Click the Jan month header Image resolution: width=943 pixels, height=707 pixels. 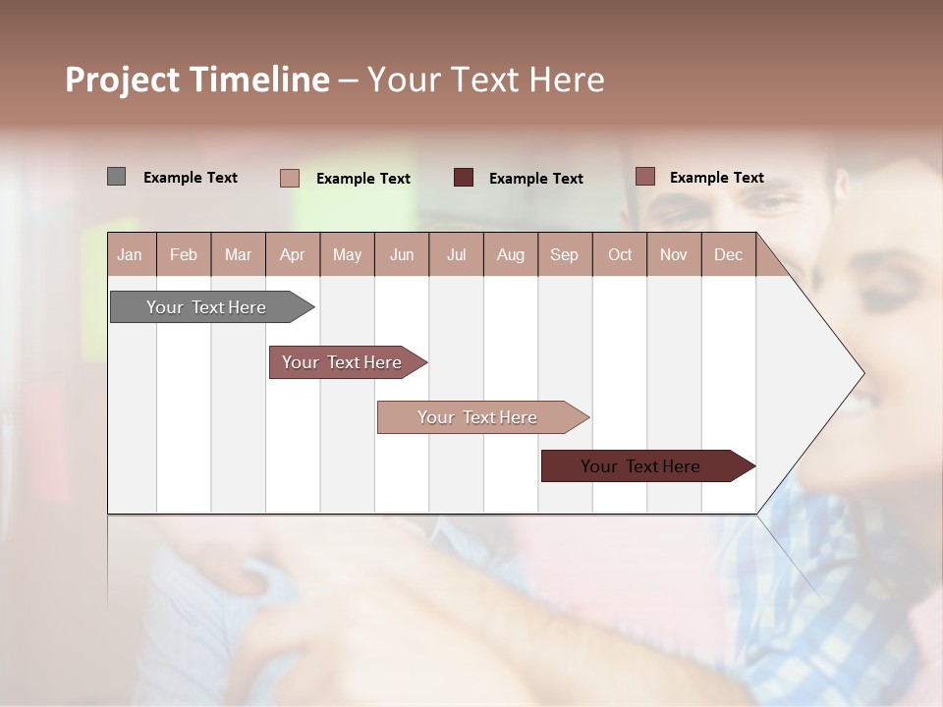pyautogui.click(x=130, y=254)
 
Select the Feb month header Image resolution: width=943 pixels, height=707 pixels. pyautogui.click(x=184, y=254)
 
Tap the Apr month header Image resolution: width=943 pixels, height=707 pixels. pyautogui.click(x=292, y=254)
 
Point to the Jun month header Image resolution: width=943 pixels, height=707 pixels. pyautogui.click(x=402, y=254)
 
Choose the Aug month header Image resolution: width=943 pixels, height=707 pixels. pyautogui.click(x=510, y=254)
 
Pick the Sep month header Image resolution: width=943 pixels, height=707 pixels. pyautogui.click(x=564, y=254)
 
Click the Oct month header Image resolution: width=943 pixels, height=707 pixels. pyautogui.click(x=620, y=254)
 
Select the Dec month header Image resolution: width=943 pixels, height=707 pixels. pyautogui.click(x=728, y=254)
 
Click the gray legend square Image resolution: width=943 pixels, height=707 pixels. pyautogui.click(x=116, y=177)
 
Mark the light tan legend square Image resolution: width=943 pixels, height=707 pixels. pyautogui.click(x=289, y=178)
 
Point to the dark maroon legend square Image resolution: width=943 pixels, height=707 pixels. pyautogui.click(x=464, y=178)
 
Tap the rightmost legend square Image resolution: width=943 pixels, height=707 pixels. pyautogui.click(x=644, y=177)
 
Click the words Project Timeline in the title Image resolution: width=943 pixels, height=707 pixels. pyautogui.click(x=197, y=80)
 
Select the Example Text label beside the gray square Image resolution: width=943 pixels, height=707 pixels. pyautogui.click(x=191, y=178)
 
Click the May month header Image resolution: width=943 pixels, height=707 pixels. pyautogui.click(x=347, y=254)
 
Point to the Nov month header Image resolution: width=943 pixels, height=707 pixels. pyautogui.click(x=674, y=254)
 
